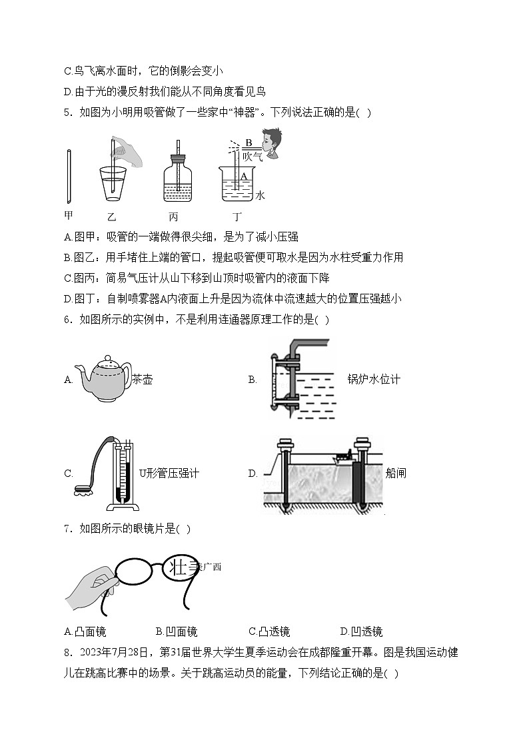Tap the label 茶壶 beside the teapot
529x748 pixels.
143,380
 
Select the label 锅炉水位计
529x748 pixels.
373,380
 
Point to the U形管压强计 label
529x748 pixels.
169,474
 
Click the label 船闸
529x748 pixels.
396,474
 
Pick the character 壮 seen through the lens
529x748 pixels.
178,567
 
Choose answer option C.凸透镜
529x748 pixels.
269,631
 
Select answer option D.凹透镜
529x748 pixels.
361,631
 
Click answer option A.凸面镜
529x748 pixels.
85,631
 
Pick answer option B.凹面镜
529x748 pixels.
177,631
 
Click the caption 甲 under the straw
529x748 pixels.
68,216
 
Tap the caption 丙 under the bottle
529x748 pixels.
174,216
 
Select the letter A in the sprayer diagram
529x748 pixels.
244,176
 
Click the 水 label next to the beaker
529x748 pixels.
260,195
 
